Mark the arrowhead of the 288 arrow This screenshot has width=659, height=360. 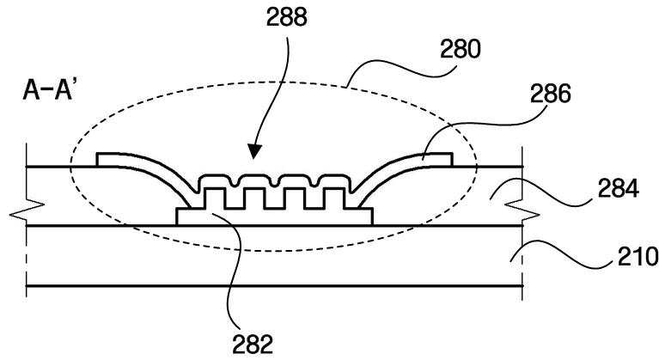point(252,158)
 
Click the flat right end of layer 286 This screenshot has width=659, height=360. point(441,159)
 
